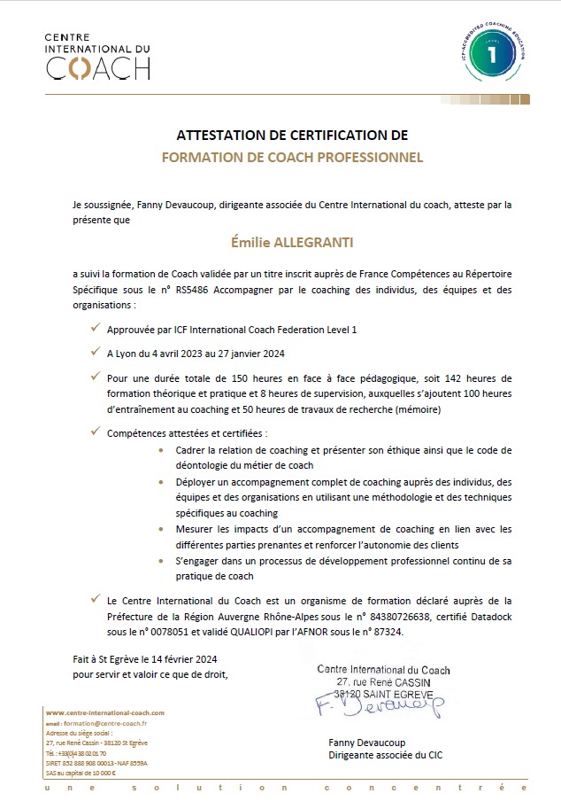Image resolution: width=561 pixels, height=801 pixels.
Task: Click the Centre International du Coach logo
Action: [x=96, y=57]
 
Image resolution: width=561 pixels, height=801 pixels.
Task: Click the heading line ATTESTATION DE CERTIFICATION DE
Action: [x=292, y=136]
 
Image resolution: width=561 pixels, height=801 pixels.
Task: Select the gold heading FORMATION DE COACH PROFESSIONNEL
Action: [x=292, y=158]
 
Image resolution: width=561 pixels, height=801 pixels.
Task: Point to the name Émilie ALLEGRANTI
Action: [x=292, y=239]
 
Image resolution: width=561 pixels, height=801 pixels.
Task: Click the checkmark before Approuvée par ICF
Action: [x=95, y=328]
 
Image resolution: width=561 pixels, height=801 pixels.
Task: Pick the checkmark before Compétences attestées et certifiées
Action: [x=95, y=432]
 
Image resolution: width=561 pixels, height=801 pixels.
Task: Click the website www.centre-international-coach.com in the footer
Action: [x=104, y=712]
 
